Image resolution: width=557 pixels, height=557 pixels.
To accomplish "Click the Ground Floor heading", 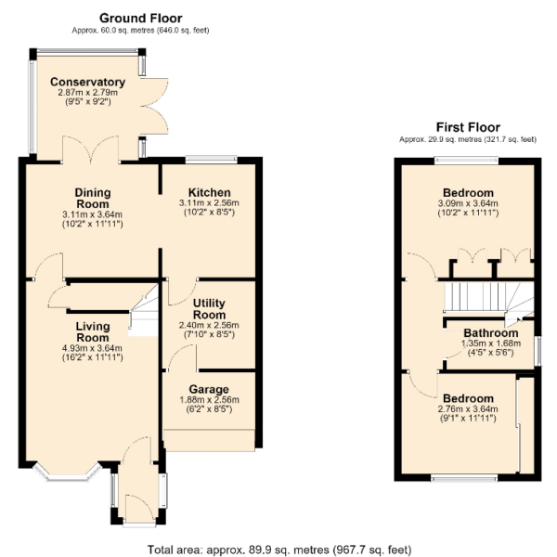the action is click(x=141, y=19).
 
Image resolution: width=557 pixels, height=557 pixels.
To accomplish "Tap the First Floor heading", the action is click(x=468, y=127).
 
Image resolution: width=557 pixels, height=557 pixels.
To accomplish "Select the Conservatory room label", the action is click(x=88, y=82).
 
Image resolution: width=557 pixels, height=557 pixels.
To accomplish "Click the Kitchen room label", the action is click(x=209, y=192).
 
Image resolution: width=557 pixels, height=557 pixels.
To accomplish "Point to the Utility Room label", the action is click(x=209, y=309).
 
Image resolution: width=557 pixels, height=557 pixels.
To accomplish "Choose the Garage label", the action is click(x=209, y=389).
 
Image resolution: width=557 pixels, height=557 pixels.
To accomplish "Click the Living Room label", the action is click(x=93, y=331).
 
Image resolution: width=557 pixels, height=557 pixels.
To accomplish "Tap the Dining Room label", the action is click(x=93, y=199).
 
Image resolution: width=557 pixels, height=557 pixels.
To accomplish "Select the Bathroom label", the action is click(x=491, y=333).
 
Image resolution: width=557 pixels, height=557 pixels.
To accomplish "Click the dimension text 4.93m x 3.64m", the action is click(x=92, y=348).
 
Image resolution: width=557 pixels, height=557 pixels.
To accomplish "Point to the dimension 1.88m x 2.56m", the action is click(x=209, y=400).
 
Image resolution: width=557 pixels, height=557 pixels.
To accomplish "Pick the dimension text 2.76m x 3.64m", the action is click(x=468, y=409).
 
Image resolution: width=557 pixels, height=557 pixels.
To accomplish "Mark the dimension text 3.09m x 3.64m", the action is click(x=468, y=203).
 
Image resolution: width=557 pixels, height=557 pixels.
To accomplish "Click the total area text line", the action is click(x=279, y=551).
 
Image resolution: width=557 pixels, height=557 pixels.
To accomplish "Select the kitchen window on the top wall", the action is click(x=212, y=160).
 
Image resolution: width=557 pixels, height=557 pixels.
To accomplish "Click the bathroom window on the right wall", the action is click(x=538, y=351).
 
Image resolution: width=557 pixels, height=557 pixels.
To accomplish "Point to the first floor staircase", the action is click(x=489, y=302).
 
